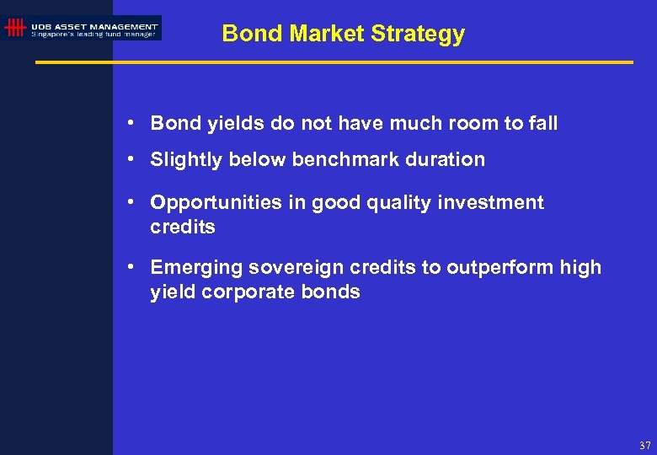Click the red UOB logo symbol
point(14,28)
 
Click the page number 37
point(644,446)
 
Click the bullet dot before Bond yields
point(133,124)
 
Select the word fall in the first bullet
point(542,124)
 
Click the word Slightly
point(185,160)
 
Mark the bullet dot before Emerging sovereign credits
point(133,268)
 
